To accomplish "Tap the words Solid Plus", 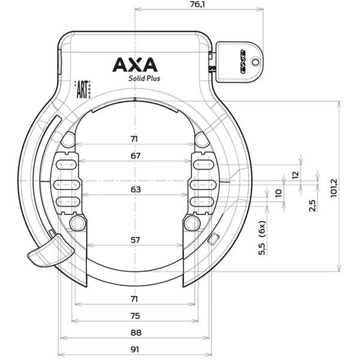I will pos(144,77).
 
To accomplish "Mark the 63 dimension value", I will pos(135,189).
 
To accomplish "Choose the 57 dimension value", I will pos(135,240).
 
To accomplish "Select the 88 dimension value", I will pos(135,332).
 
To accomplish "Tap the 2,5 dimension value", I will pos(312,205).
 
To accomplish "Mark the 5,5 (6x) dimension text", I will pos(262,239).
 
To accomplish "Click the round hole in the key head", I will pos(256,60).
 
